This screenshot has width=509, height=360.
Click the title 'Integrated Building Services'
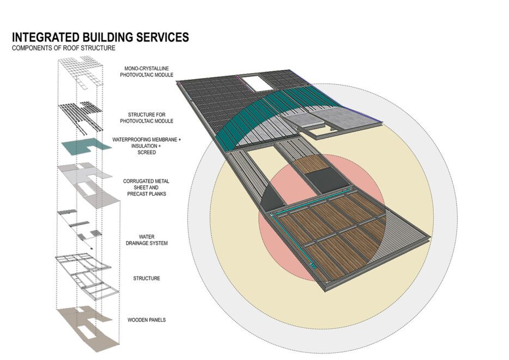pos(100,37)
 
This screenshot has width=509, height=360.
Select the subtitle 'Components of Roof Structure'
pos(64,49)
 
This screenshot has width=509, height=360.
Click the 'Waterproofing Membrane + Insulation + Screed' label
pos(147,146)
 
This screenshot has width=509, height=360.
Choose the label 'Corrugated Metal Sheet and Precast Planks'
pos(145,188)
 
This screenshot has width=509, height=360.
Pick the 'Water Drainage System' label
pos(146,240)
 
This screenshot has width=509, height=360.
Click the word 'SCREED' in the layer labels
pos(146,153)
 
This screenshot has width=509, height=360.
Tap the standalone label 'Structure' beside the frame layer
pos(147,279)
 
